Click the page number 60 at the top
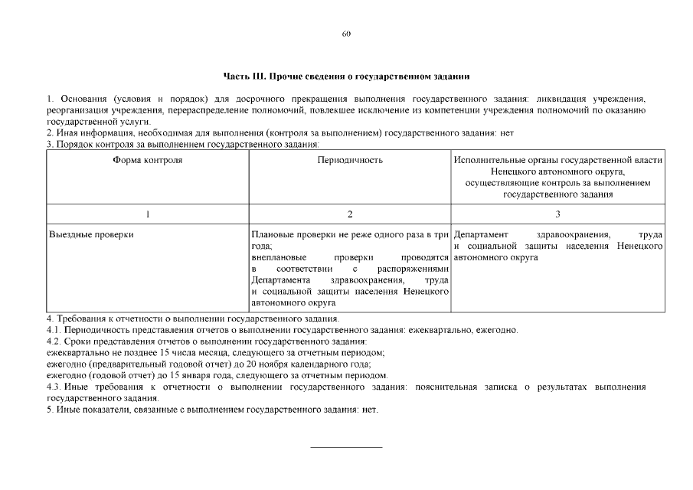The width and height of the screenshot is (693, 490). pyautogui.click(x=346, y=34)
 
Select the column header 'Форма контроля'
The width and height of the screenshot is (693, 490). pyautogui.click(x=147, y=161)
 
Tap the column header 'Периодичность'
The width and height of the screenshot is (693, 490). pyautogui.click(x=350, y=161)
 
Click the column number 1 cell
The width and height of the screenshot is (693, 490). pyautogui.click(x=147, y=214)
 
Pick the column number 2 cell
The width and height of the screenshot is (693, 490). pyautogui.click(x=350, y=214)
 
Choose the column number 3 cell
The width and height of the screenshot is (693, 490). pyautogui.click(x=557, y=214)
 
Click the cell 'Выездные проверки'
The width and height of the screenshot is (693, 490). pyautogui.click(x=91, y=234)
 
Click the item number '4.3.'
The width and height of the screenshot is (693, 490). pyautogui.click(x=54, y=387)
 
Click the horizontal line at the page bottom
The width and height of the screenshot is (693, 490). pyautogui.click(x=346, y=446)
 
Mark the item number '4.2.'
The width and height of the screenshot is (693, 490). pyautogui.click(x=54, y=341)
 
